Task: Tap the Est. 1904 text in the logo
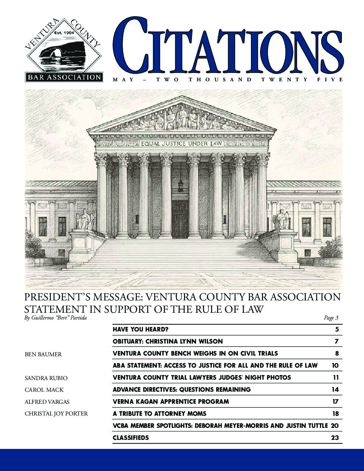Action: pyautogui.click(x=64, y=33)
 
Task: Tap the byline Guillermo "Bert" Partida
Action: pyautogui.click(x=56, y=318)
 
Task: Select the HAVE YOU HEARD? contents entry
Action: pyautogui.click(x=141, y=329)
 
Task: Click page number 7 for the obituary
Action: pyautogui.click(x=337, y=342)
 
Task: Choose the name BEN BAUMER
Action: pyautogui.click(x=43, y=354)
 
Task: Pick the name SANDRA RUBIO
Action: pyautogui.click(x=46, y=378)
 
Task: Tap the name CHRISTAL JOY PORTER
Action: pyautogui.click(x=56, y=414)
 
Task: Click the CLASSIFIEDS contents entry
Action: pyautogui.click(x=131, y=438)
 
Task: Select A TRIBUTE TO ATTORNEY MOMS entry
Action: pyautogui.click(x=160, y=414)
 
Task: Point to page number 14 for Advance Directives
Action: pyautogui.click(x=335, y=390)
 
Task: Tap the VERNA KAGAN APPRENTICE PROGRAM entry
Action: pyautogui.click(x=171, y=402)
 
